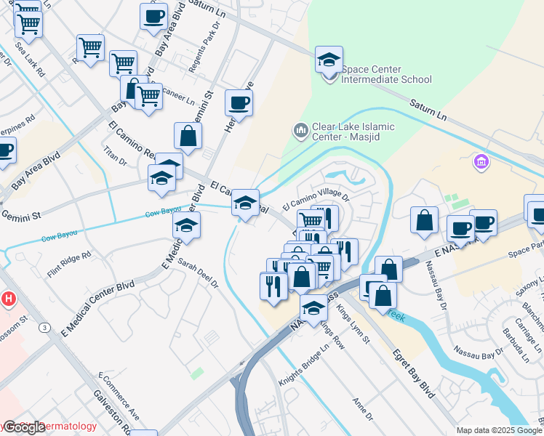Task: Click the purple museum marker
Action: click(479, 161)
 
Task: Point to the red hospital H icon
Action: click(8, 299)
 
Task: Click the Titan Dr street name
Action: click(115, 155)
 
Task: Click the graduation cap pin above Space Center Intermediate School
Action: click(329, 60)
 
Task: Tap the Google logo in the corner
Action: click(23, 427)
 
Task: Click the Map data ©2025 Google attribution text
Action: click(499, 430)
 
